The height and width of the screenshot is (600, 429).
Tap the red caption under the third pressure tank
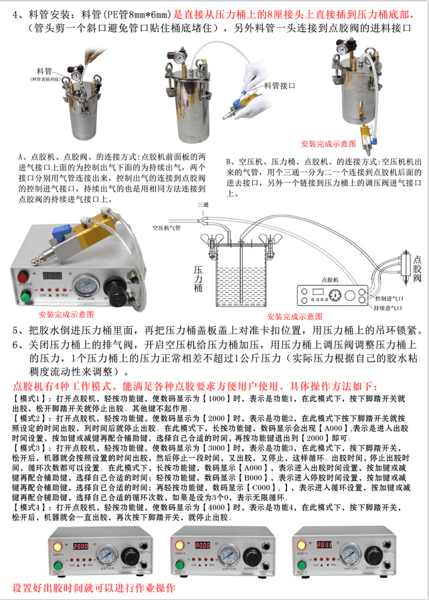click(x=329, y=143)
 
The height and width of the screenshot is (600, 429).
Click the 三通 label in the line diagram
click(x=203, y=203)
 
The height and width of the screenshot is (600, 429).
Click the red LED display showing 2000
click(x=81, y=546)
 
